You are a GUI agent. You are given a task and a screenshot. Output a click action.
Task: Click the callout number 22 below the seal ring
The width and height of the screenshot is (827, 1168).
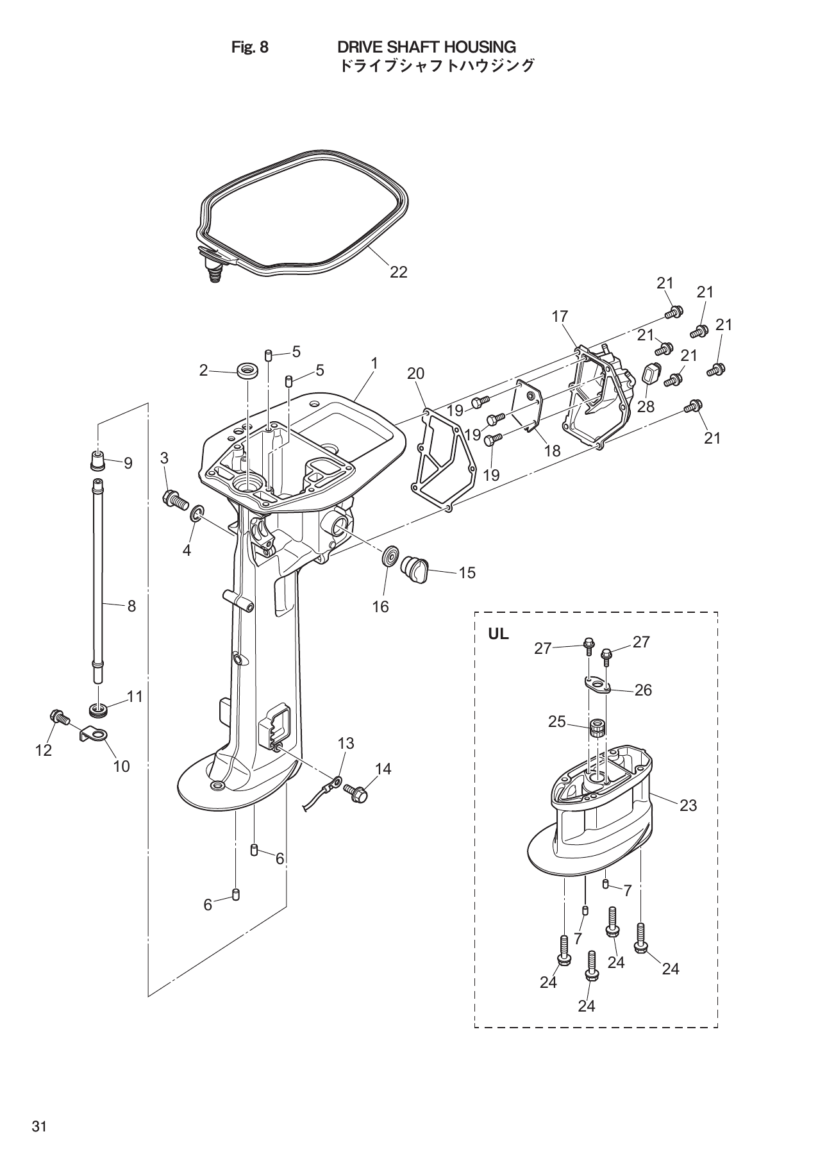click(398, 272)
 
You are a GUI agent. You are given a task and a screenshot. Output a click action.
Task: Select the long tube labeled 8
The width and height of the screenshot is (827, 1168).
click(97, 571)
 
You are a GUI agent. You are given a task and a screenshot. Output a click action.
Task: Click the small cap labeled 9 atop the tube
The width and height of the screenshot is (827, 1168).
click(97, 460)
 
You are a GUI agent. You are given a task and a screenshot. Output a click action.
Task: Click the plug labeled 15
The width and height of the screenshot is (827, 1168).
click(413, 569)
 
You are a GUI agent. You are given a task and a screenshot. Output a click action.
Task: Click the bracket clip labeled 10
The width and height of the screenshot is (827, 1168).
click(94, 733)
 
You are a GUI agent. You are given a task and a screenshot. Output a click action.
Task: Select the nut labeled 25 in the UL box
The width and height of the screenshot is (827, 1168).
click(597, 728)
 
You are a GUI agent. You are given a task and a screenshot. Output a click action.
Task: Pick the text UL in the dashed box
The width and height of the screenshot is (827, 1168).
click(498, 634)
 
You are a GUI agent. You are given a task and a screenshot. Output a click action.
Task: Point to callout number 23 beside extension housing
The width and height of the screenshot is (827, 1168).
click(688, 806)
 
